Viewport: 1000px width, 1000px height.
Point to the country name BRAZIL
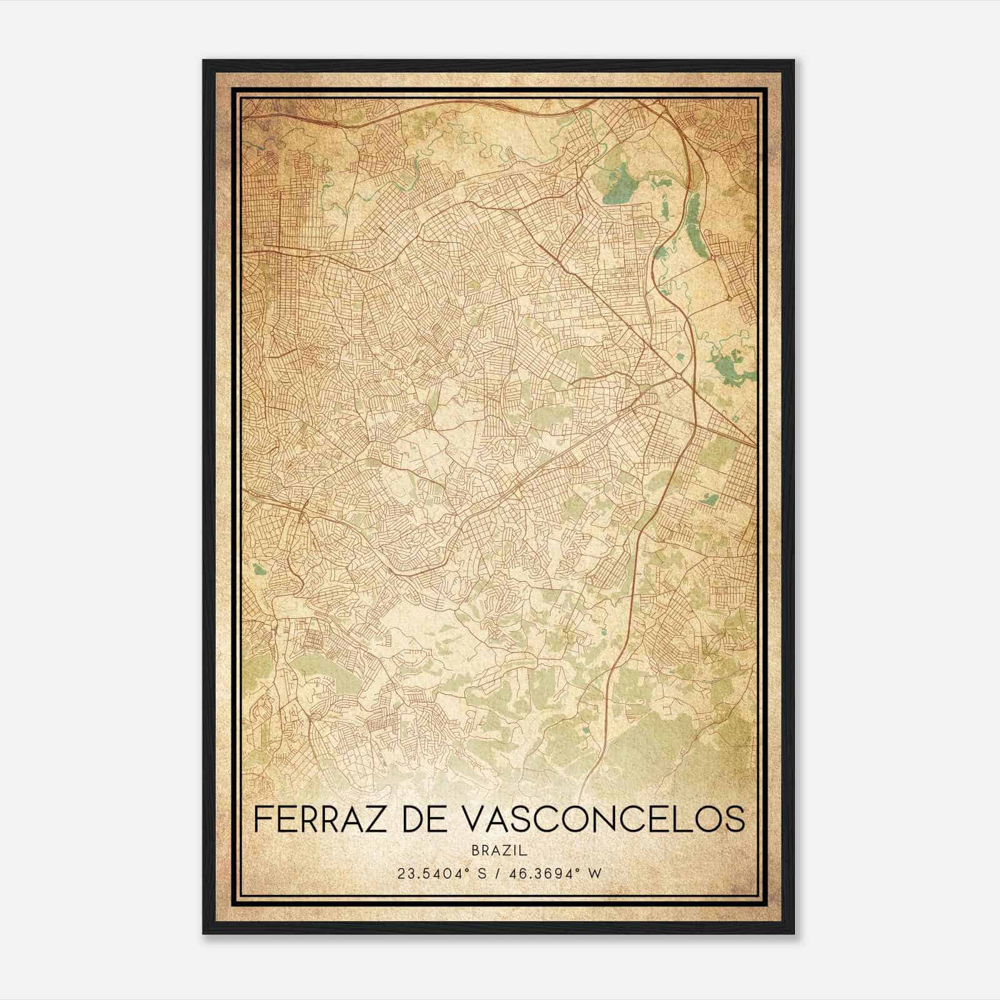point(499,850)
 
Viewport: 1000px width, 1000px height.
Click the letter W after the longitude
point(596,873)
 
